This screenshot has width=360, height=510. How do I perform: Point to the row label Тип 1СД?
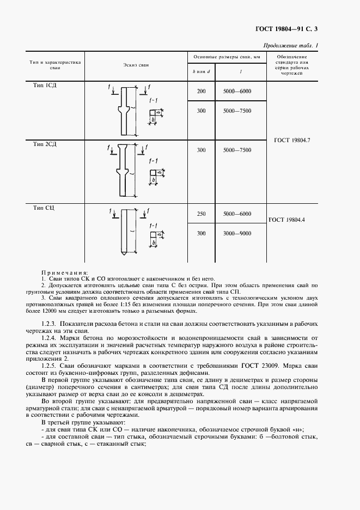point(45,86)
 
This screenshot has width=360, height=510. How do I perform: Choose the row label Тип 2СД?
point(45,144)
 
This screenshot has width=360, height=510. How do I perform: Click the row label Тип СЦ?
point(44,208)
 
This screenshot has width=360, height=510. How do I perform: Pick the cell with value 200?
point(201,92)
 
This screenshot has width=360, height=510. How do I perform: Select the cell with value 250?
point(201,214)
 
